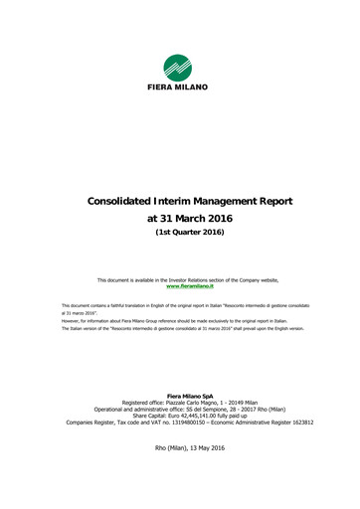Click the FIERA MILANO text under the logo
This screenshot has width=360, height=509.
pyautogui.click(x=180, y=87)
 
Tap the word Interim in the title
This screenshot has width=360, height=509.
pyautogui.click(x=188, y=201)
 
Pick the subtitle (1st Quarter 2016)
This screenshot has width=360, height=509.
pyautogui.click(x=180, y=233)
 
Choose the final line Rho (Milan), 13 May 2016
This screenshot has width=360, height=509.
pyautogui.click(x=180, y=449)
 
